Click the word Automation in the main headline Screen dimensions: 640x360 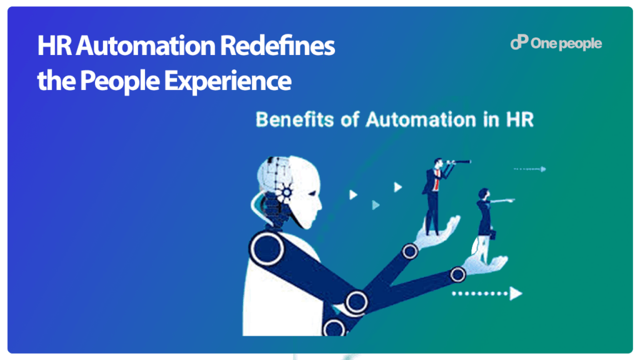145,46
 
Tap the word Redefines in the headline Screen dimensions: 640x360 277,46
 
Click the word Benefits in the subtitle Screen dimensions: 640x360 295,119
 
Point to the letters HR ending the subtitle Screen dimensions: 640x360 520,119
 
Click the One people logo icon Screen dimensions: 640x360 519,42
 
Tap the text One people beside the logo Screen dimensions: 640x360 566,44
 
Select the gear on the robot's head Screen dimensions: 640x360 286,192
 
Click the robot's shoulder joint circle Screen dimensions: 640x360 267,249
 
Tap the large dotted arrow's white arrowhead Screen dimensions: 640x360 516,294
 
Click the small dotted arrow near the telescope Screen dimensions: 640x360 530,169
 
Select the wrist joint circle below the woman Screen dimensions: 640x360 457,275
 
